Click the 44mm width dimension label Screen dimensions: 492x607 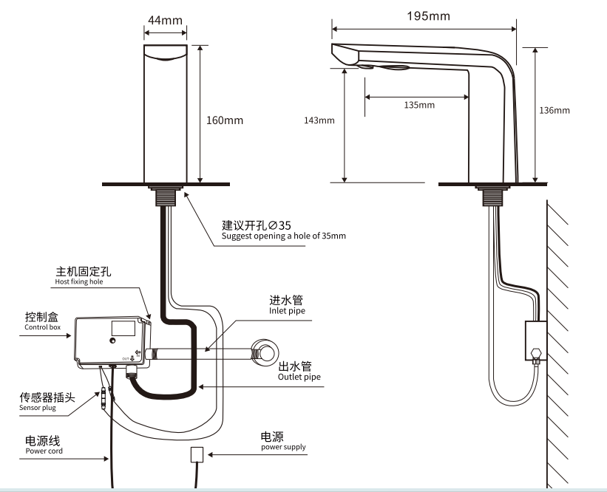[x=165, y=20]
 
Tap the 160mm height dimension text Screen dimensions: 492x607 [x=225, y=120]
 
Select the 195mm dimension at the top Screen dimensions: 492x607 [x=427, y=16]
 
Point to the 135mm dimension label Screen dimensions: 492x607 [x=419, y=105]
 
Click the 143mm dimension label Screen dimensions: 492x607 [x=319, y=120]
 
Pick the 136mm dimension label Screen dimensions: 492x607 [x=555, y=110]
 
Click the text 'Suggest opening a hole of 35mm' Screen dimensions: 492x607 [x=284, y=236]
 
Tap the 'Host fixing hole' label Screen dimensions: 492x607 [x=79, y=281]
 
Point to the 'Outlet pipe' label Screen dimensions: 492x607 [x=299, y=377]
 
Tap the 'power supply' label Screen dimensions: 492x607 [x=282, y=447]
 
